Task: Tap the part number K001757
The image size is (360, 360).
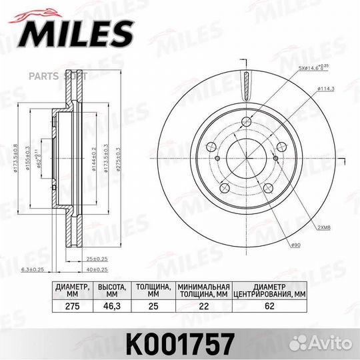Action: tap(180, 343)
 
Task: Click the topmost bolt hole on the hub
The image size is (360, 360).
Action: tap(247, 121)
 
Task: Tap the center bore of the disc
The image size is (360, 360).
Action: tap(247, 158)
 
